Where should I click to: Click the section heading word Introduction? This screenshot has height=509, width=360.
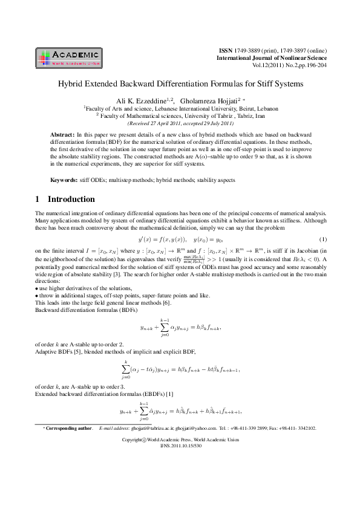(x=71, y=199)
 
